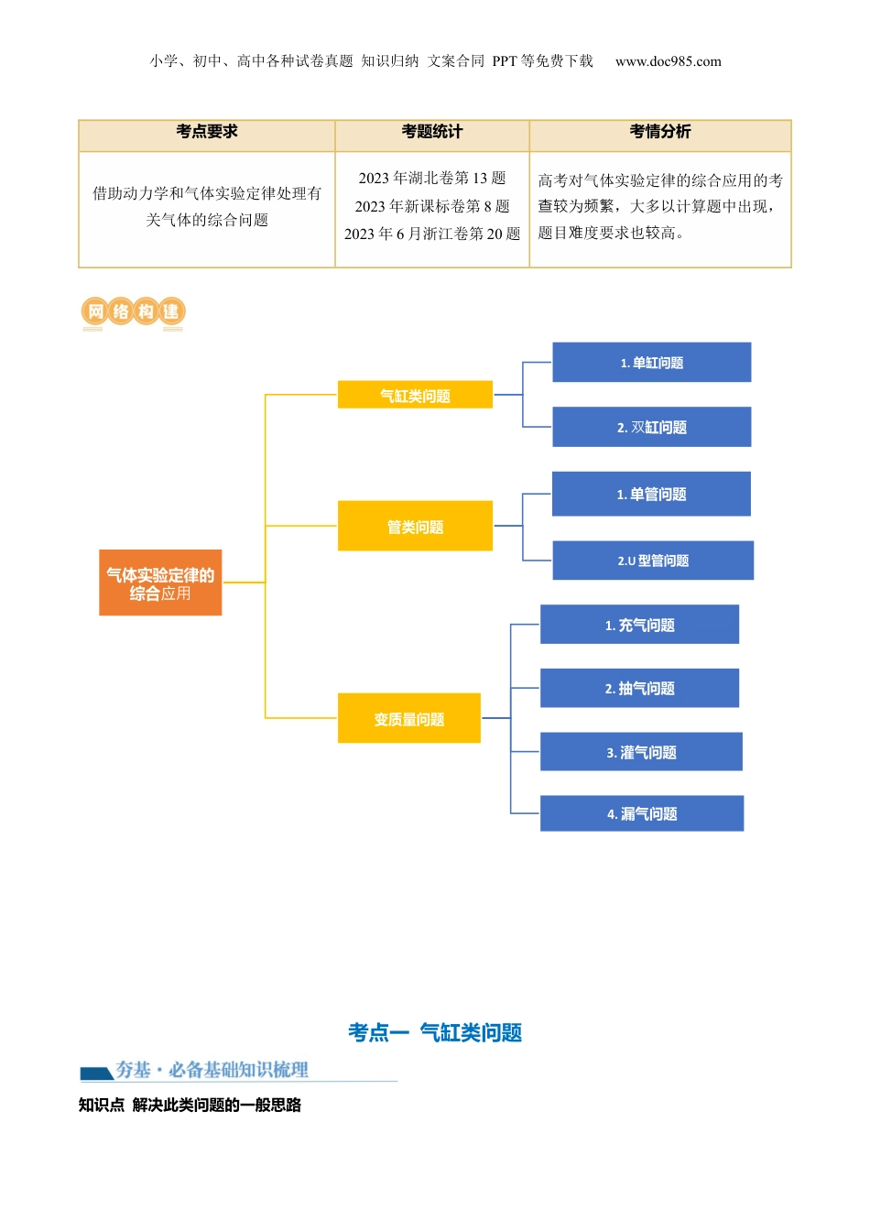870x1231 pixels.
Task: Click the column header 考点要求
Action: coord(207,132)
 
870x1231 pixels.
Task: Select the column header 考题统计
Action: coord(432,132)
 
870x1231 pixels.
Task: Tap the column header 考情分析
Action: coord(660,132)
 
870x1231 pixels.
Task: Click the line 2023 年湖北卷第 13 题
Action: coord(432,178)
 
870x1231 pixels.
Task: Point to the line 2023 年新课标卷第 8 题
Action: coord(432,206)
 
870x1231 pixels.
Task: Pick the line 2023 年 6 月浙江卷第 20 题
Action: coord(432,234)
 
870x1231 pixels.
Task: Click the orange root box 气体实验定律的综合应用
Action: coord(160,583)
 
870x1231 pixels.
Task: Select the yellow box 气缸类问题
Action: coord(415,396)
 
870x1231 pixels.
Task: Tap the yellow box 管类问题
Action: coord(415,527)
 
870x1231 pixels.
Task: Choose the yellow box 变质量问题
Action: coord(408,719)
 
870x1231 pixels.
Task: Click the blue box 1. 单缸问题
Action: coord(651,363)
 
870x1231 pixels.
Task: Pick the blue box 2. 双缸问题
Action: coord(651,427)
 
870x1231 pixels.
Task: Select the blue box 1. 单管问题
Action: coord(651,495)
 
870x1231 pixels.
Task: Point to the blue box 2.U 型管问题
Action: coord(653,561)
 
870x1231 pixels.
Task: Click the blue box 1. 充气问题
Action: coord(639,625)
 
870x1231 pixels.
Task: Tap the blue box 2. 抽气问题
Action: coord(639,688)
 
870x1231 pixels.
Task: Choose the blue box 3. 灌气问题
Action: coord(641,752)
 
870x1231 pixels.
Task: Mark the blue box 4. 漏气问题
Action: coord(642,813)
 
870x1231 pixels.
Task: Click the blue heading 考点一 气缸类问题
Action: coord(435,1033)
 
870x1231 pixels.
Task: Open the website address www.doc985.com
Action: coord(669,61)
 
